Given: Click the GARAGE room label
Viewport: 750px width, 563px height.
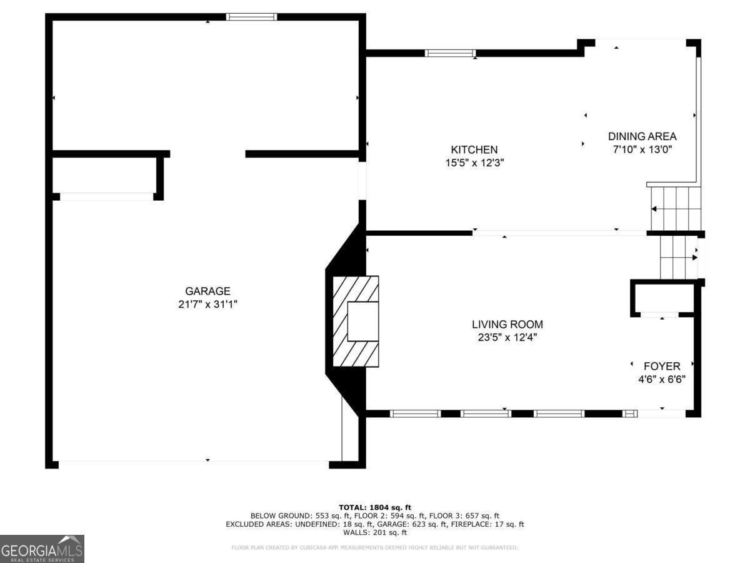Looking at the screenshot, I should point(207,291).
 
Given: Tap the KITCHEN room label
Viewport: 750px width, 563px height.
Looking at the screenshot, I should point(474,150).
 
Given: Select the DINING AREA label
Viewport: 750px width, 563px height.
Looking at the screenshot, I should point(642,136).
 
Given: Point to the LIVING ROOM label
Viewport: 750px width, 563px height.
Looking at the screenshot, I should point(507,324).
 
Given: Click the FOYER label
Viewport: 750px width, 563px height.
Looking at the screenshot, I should point(662,366).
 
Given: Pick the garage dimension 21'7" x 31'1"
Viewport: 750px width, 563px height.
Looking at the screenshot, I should point(207,304).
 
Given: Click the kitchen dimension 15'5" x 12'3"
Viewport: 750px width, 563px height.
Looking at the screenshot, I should point(474,163).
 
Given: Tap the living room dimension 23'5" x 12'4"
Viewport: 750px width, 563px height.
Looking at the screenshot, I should point(507,337).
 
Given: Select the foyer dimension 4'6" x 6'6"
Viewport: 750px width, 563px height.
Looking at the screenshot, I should point(662,378).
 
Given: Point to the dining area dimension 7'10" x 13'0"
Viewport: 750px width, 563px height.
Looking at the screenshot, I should point(642,149).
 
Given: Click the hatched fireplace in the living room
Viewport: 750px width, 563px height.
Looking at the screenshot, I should point(356,321).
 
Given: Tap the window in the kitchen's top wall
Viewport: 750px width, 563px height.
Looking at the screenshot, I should point(450,53).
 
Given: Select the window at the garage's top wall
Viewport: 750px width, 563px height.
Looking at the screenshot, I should point(251,17).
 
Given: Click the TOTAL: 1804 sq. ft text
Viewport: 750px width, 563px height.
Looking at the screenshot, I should point(375,507).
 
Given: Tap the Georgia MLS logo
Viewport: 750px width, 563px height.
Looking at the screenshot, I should point(42,549).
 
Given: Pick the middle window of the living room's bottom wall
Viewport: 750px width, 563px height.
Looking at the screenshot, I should point(486,413).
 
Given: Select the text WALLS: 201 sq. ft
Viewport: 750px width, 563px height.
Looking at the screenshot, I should point(375,532).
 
